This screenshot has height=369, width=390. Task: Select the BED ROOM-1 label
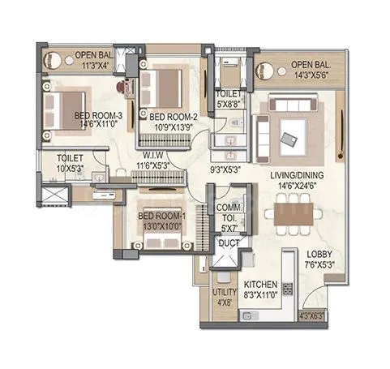click(x=161, y=216)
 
